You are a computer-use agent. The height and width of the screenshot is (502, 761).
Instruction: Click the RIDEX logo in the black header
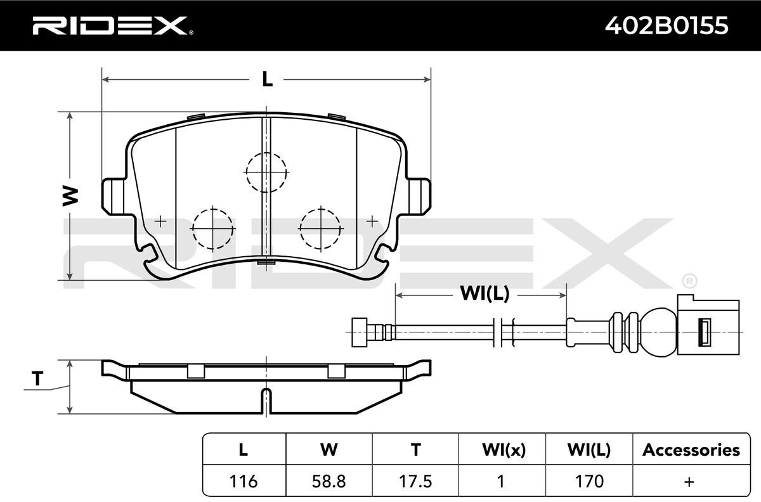(112, 25)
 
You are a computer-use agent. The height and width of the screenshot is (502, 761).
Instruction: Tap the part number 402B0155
(667, 26)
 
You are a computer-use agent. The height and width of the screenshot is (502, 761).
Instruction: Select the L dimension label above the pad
(268, 79)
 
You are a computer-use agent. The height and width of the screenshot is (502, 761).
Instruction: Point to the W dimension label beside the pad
(70, 196)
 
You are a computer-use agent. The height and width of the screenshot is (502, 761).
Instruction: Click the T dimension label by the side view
(37, 378)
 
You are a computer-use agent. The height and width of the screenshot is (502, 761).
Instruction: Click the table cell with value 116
(244, 481)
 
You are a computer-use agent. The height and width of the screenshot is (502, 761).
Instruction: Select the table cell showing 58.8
(329, 481)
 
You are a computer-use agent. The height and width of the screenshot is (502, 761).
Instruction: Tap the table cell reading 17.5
(415, 481)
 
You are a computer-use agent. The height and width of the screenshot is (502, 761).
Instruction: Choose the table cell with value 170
(589, 481)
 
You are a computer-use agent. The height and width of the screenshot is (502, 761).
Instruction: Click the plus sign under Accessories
(689, 482)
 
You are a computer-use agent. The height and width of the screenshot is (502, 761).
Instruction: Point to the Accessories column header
(691, 450)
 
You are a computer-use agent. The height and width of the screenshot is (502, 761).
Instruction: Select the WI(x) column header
(504, 450)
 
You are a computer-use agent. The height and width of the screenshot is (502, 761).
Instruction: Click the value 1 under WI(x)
(500, 481)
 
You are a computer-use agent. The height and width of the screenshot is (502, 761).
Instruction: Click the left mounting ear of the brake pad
(114, 196)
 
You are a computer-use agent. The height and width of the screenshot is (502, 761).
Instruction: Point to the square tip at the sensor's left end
(360, 333)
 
